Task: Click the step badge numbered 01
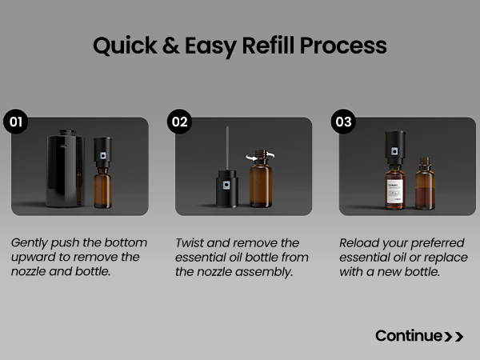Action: (16, 122)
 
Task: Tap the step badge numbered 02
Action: (180, 122)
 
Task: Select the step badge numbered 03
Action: (343, 122)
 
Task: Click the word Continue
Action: (409, 336)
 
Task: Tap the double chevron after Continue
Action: (454, 337)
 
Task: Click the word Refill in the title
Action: (268, 46)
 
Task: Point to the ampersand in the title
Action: (171, 46)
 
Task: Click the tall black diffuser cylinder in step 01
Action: (65, 169)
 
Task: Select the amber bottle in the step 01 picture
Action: (103, 188)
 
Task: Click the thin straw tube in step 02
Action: (227, 148)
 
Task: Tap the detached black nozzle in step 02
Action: (227, 188)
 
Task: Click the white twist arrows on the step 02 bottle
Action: (260, 156)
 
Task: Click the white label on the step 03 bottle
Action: (395, 191)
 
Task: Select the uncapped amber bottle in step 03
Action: (425, 184)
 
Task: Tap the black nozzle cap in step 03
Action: (395, 147)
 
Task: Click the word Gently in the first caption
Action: (30, 243)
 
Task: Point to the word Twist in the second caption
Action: (189, 243)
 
